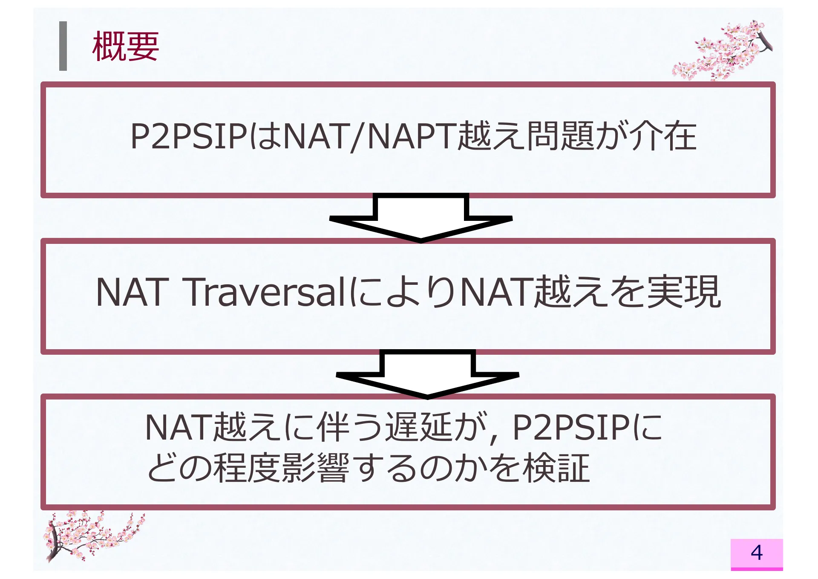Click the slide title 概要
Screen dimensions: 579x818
(x=126, y=46)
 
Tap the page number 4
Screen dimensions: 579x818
(x=756, y=553)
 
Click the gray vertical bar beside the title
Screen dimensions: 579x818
(x=63, y=46)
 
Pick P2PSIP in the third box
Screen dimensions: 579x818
(x=571, y=428)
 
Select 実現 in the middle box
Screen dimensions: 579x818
(x=684, y=292)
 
